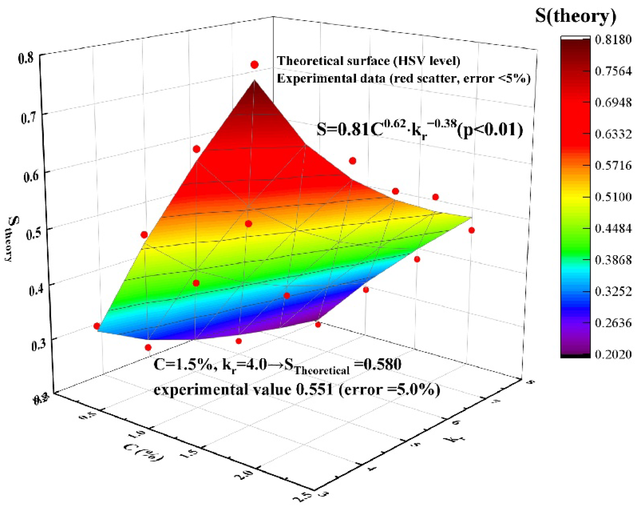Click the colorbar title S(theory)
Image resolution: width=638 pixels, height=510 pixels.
coord(576,16)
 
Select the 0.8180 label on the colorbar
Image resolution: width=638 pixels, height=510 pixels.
coord(613,40)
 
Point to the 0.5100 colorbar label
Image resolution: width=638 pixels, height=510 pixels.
coord(613,197)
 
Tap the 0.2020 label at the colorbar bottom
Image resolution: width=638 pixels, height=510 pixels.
coord(613,354)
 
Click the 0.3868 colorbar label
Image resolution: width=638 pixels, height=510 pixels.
coord(613,260)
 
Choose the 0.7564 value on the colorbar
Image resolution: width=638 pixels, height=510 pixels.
coord(613,71)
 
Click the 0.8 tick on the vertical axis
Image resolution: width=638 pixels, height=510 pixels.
coord(26,58)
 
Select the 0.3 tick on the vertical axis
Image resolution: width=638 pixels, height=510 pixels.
coord(39,345)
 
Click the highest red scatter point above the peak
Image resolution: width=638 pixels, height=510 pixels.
coord(254,65)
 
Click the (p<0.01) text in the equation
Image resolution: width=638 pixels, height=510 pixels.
coord(490,130)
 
